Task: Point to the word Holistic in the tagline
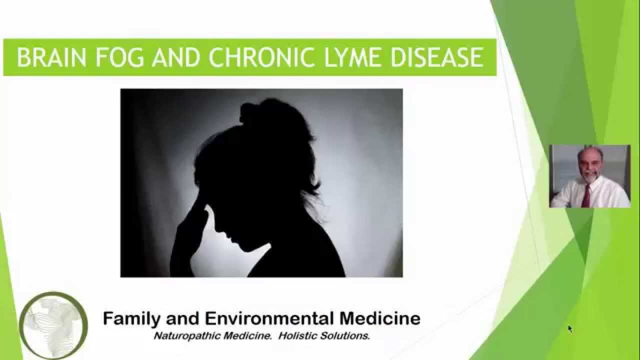(x=298, y=335)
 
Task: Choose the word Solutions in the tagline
(x=346, y=335)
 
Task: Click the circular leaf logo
(x=53, y=325)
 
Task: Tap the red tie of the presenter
(x=586, y=196)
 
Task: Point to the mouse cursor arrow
(x=569, y=328)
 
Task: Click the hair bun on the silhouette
(x=259, y=112)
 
